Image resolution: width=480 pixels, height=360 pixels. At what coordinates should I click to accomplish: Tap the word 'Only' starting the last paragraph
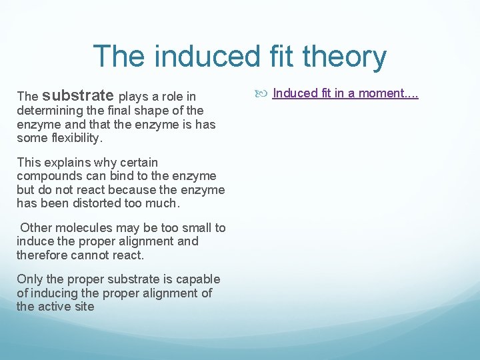click(x=29, y=279)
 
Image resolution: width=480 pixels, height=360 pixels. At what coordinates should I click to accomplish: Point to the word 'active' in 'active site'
click(x=56, y=307)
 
